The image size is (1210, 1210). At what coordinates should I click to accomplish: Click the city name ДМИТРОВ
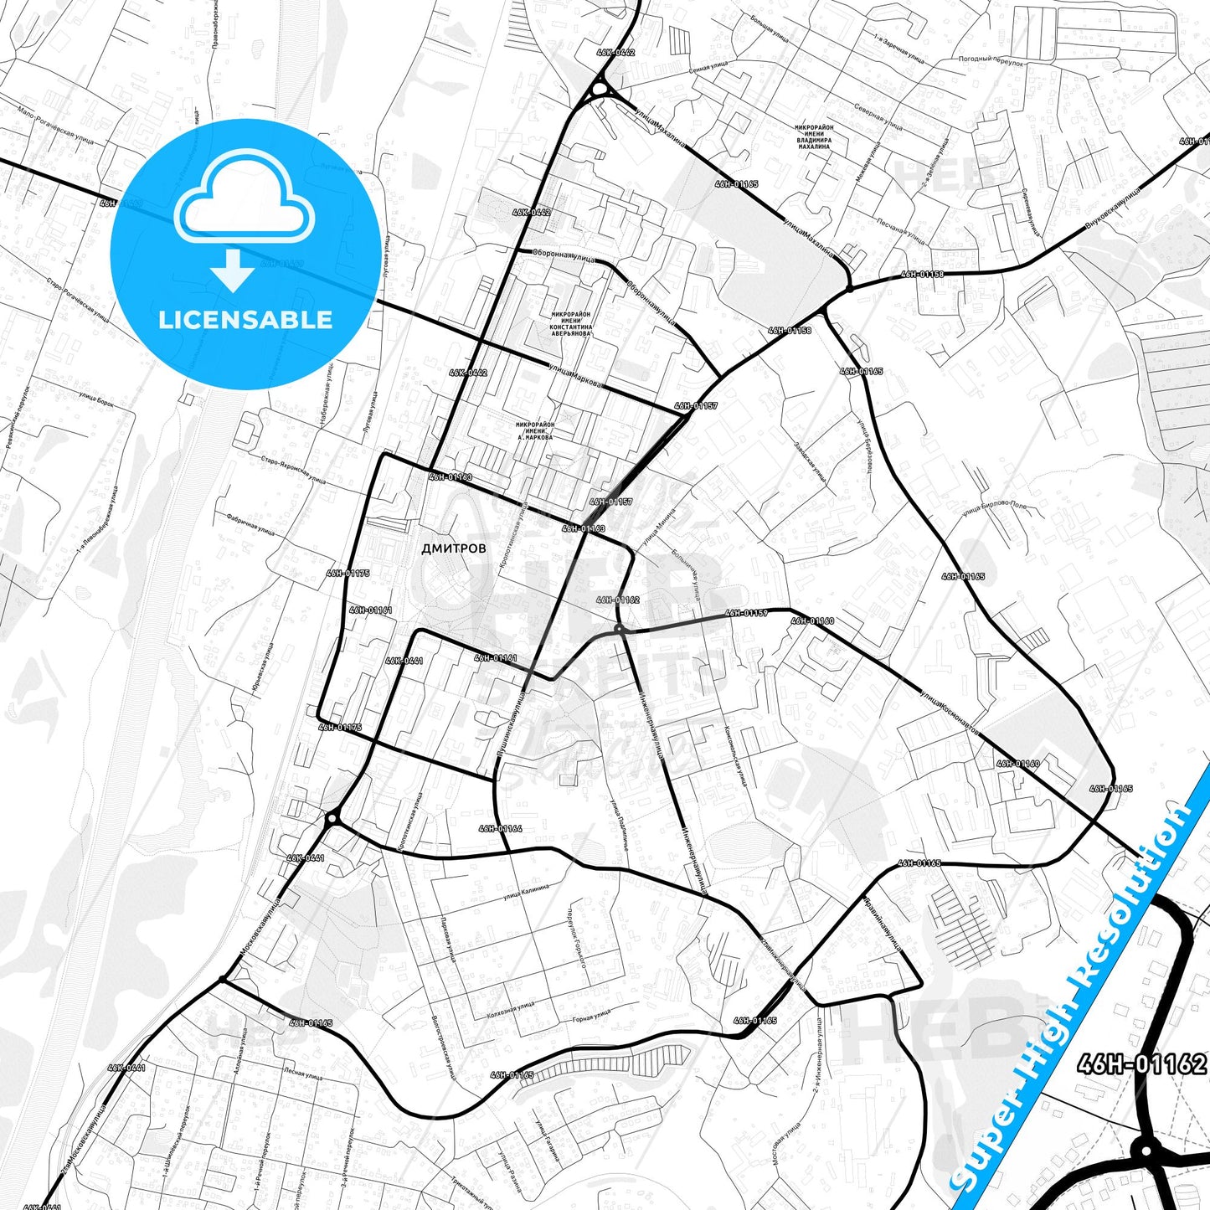click(453, 548)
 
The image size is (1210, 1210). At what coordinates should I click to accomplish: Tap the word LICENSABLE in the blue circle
click(245, 319)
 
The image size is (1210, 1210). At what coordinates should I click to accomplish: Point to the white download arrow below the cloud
click(233, 270)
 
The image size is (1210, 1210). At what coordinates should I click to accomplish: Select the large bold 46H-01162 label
click(1142, 1063)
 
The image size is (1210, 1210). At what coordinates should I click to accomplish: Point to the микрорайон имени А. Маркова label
click(536, 430)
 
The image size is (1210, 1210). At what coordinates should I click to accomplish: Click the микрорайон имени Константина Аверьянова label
click(571, 323)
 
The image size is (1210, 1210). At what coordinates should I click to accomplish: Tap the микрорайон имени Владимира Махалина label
click(814, 136)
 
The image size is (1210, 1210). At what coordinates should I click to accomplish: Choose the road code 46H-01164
click(501, 828)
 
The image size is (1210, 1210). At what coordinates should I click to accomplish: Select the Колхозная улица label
click(510, 1008)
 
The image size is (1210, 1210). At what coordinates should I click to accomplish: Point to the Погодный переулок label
click(991, 60)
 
